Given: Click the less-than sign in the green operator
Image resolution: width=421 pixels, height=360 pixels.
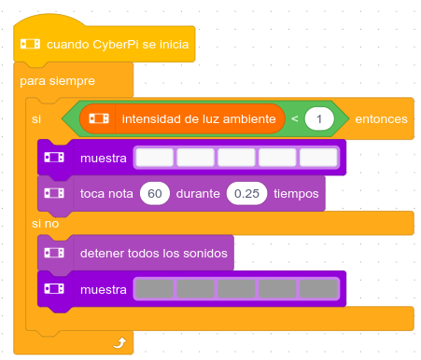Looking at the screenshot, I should (295, 118).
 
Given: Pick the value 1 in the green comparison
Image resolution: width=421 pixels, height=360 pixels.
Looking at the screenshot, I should (319, 118).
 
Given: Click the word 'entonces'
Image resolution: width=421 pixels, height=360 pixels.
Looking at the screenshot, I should (381, 118).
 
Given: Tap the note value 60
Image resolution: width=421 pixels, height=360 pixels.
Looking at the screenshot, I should (155, 193).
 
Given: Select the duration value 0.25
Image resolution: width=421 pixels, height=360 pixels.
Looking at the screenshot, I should (246, 193).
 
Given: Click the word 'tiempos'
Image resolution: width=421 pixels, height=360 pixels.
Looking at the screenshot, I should (297, 193).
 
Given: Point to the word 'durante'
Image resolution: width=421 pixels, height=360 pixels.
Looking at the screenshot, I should (198, 193).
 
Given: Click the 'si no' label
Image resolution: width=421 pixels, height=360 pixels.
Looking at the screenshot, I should (45, 224).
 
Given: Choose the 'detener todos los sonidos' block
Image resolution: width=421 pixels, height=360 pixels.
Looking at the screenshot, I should (155, 253).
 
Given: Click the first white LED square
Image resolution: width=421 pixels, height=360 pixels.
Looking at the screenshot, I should (155, 157).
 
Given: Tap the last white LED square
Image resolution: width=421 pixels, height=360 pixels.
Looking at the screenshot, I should (318, 157).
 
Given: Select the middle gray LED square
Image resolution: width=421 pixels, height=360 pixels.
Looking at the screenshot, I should (237, 290).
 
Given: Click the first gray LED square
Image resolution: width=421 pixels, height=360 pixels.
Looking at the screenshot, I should (155, 290).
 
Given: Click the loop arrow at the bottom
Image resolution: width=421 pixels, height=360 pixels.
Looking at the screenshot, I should (119, 343).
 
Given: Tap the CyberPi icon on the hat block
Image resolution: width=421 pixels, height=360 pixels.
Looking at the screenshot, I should (31, 45).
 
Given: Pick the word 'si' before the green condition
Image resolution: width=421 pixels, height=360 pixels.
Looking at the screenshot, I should (37, 118).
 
